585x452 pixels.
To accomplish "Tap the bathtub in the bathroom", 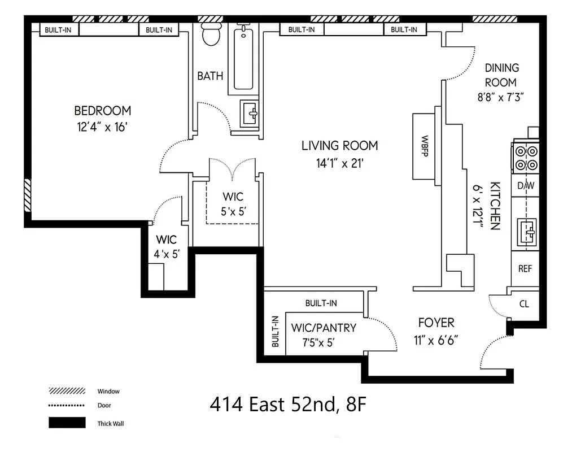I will click(244, 60).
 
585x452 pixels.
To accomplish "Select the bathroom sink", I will click(249, 114).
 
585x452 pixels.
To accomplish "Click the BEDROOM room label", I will click(103, 111).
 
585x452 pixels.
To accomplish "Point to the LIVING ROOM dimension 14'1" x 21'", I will click(339, 164).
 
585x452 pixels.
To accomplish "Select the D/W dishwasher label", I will click(525, 185).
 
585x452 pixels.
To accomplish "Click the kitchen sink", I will click(526, 232).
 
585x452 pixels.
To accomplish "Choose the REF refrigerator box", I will click(525, 269).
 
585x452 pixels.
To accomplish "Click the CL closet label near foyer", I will click(524, 304).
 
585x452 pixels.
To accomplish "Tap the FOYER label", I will click(436, 323).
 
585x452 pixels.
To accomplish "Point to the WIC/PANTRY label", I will click(324, 328).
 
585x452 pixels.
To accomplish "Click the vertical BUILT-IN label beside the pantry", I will click(276, 332).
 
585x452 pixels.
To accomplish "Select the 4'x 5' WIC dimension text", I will click(167, 254).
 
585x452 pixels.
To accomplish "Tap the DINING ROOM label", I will click(501, 75).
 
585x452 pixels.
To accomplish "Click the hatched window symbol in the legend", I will click(67, 391).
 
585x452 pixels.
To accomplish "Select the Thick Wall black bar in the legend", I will click(67, 423).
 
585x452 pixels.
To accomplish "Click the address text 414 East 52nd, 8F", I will click(289, 405).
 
